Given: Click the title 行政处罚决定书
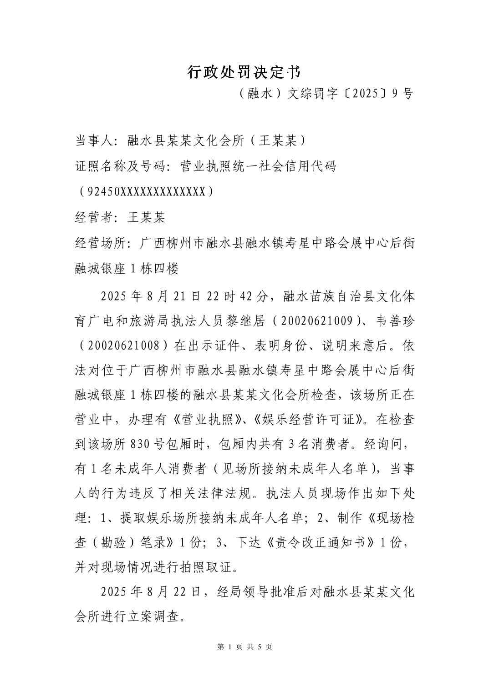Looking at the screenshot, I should [244, 71].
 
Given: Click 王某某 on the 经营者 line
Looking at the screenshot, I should [146, 217].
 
